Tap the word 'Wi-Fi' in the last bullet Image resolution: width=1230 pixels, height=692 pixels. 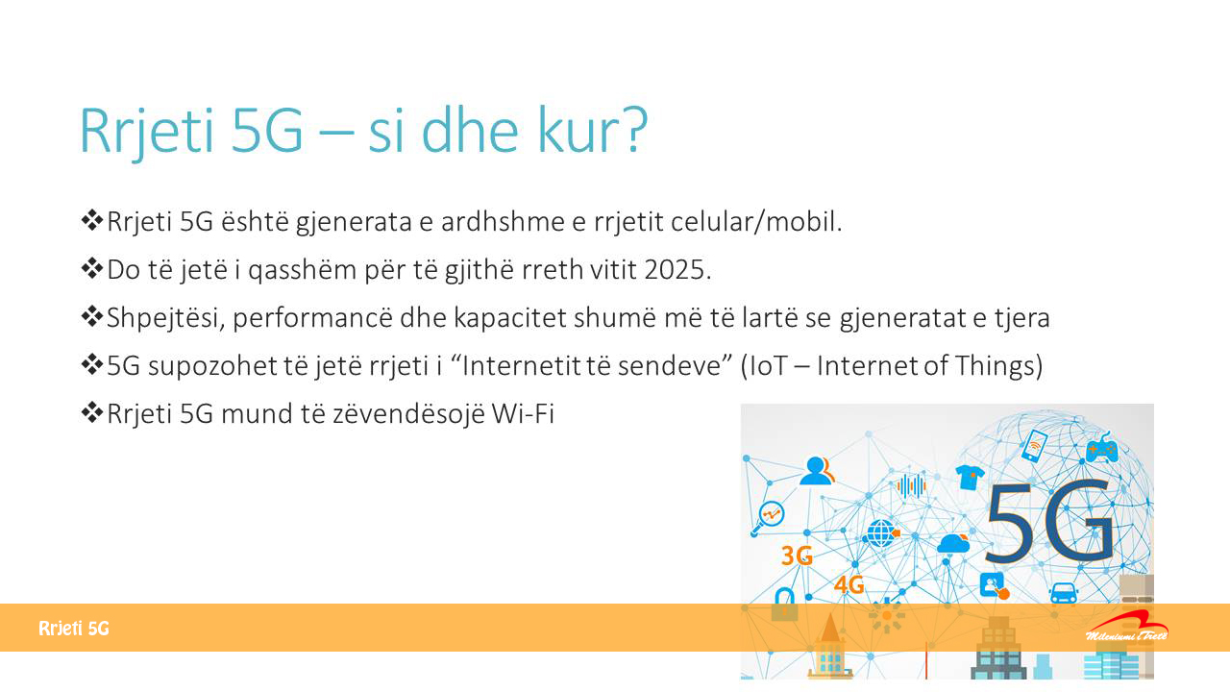[523, 413]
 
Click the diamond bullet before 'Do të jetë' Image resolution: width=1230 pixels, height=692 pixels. [91, 268]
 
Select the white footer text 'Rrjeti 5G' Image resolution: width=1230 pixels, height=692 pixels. [74, 629]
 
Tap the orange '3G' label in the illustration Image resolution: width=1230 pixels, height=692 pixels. [797, 556]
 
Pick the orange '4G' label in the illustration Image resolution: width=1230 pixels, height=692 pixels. [849, 584]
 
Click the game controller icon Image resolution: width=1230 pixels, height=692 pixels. [1101, 449]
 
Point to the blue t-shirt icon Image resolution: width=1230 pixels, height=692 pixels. [970, 477]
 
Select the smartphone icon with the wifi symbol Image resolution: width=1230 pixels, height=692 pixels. [1034, 445]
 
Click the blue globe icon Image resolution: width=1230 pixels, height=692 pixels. [882, 533]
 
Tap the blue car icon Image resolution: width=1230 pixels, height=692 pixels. [1063, 593]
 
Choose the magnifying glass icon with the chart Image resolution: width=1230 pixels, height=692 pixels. [768, 517]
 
